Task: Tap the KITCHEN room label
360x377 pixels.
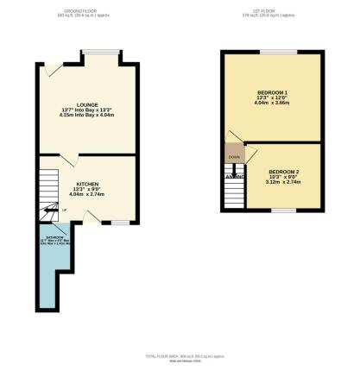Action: (x=87, y=184)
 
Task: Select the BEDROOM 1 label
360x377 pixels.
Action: (x=274, y=92)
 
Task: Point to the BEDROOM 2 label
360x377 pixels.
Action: (x=284, y=171)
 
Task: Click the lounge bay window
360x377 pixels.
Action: (x=102, y=52)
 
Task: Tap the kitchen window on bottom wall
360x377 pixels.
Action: (x=108, y=222)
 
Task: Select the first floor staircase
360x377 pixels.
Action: (x=233, y=194)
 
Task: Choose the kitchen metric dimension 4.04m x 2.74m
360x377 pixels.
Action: (x=87, y=195)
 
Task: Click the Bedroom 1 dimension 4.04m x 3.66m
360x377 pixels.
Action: (x=274, y=104)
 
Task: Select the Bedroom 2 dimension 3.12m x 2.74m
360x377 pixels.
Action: (x=284, y=182)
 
